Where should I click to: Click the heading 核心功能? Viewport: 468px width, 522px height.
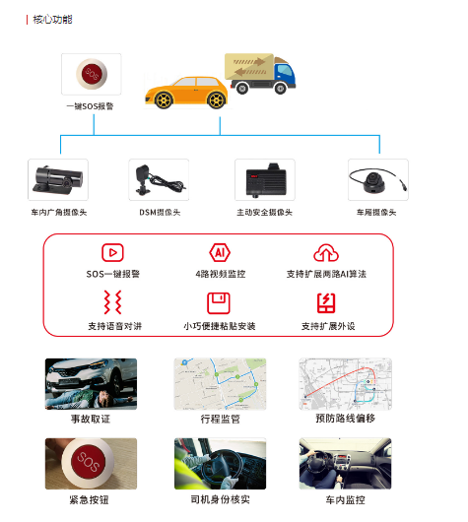(x=52, y=20)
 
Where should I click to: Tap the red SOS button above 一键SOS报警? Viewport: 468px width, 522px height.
(x=92, y=74)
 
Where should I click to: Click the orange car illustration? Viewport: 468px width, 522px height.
(x=187, y=93)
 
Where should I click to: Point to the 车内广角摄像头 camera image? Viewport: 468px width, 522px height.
(x=58, y=179)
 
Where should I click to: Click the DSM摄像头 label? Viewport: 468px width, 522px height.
(x=160, y=212)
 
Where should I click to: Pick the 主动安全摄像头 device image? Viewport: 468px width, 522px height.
(x=265, y=180)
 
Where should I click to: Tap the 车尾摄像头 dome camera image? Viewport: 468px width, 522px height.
(x=377, y=180)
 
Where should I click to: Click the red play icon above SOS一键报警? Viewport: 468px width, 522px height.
(x=112, y=252)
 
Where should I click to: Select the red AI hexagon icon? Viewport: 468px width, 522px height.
(x=220, y=252)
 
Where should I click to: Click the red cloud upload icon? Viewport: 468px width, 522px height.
(x=326, y=253)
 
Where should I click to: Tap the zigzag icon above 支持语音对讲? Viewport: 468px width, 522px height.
(x=112, y=302)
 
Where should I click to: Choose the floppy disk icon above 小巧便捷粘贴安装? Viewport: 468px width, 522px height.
(x=219, y=303)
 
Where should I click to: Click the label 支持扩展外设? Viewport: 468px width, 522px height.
(x=328, y=326)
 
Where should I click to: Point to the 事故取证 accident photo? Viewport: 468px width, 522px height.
(x=91, y=384)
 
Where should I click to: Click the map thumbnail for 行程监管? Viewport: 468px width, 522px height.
(x=220, y=384)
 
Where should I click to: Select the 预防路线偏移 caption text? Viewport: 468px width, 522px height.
(x=346, y=419)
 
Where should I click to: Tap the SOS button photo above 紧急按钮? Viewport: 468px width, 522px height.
(x=91, y=464)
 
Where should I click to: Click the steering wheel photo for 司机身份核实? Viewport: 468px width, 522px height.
(x=220, y=464)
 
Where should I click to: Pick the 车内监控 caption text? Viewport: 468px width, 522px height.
(x=346, y=499)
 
